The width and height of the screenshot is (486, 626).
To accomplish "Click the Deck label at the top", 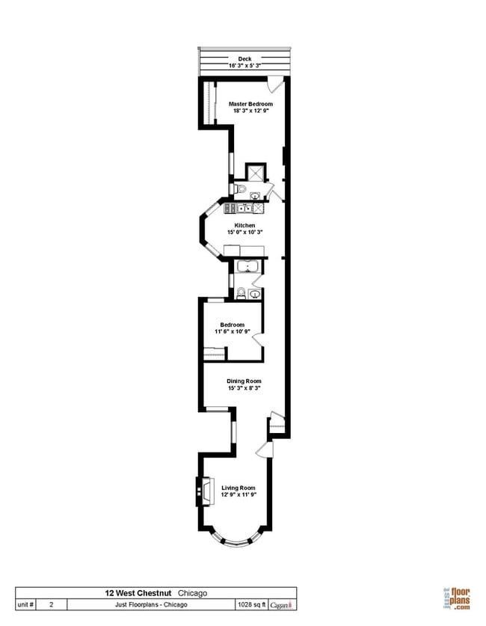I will (x=244, y=58).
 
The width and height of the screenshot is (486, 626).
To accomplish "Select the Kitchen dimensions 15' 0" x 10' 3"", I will (x=244, y=232).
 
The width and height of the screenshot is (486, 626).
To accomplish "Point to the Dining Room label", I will (x=244, y=381).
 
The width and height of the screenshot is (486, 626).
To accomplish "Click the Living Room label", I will (x=239, y=488).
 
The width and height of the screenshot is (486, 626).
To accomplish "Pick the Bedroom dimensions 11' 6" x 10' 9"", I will (x=233, y=331).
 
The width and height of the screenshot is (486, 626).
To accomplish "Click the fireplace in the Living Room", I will (x=203, y=489).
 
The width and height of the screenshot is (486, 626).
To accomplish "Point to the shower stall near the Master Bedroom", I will (x=255, y=173).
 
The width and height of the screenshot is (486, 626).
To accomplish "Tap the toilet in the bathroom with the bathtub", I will (x=241, y=294).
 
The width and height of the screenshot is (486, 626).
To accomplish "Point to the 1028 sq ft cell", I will (x=249, y=604).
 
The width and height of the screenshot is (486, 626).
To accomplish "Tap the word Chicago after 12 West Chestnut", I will (x=192, y=593).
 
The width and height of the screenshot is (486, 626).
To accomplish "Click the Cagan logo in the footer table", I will (x=281, y=604).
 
